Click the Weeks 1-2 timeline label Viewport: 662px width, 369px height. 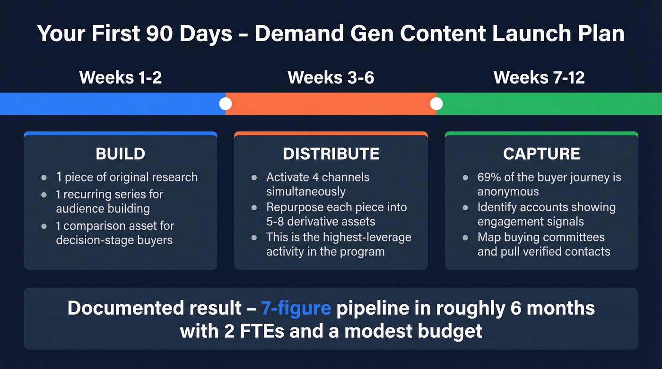121,77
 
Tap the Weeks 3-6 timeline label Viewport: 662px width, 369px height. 331,77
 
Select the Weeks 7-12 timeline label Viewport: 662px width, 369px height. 539,77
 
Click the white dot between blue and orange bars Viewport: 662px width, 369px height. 226,103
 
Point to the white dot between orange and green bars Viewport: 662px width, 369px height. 436,103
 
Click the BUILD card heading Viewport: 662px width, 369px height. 120,154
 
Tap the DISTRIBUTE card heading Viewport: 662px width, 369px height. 331,154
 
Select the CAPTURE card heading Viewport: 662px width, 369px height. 541,154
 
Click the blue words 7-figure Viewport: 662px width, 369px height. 296,308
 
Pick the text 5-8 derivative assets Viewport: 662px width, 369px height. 321,221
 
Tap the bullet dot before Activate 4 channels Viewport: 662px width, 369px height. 254,178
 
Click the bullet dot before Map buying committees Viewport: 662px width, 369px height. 466,238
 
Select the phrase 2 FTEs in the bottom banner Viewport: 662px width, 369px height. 256,331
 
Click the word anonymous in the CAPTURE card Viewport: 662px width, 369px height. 508,191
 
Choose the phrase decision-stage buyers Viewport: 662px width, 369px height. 114,240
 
